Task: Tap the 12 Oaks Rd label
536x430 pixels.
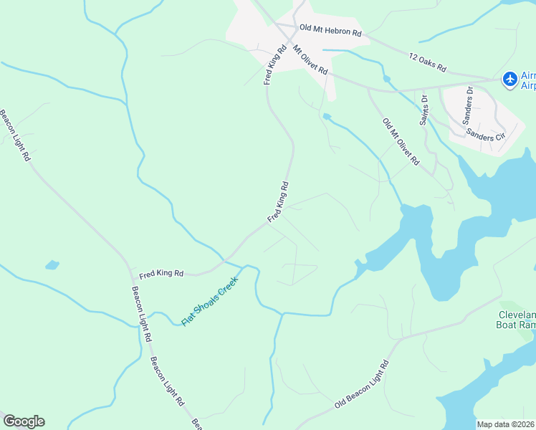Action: (428, 63)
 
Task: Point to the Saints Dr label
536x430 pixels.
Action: (424, 110)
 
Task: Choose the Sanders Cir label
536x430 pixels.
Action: (486, 134)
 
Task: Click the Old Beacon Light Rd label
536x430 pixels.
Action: (361, 385)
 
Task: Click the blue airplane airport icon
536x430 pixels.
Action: (509, 80)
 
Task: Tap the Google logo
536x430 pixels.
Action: (24, 421)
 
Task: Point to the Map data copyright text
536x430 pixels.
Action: (506, 424)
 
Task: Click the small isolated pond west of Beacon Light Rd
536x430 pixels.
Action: (52, 265)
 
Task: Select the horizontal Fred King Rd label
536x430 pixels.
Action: (161, 274)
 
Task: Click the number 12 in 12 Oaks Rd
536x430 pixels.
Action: (413, 57)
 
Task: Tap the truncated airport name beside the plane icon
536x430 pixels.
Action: (527, 80)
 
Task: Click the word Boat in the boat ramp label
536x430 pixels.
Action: (508, 325)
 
